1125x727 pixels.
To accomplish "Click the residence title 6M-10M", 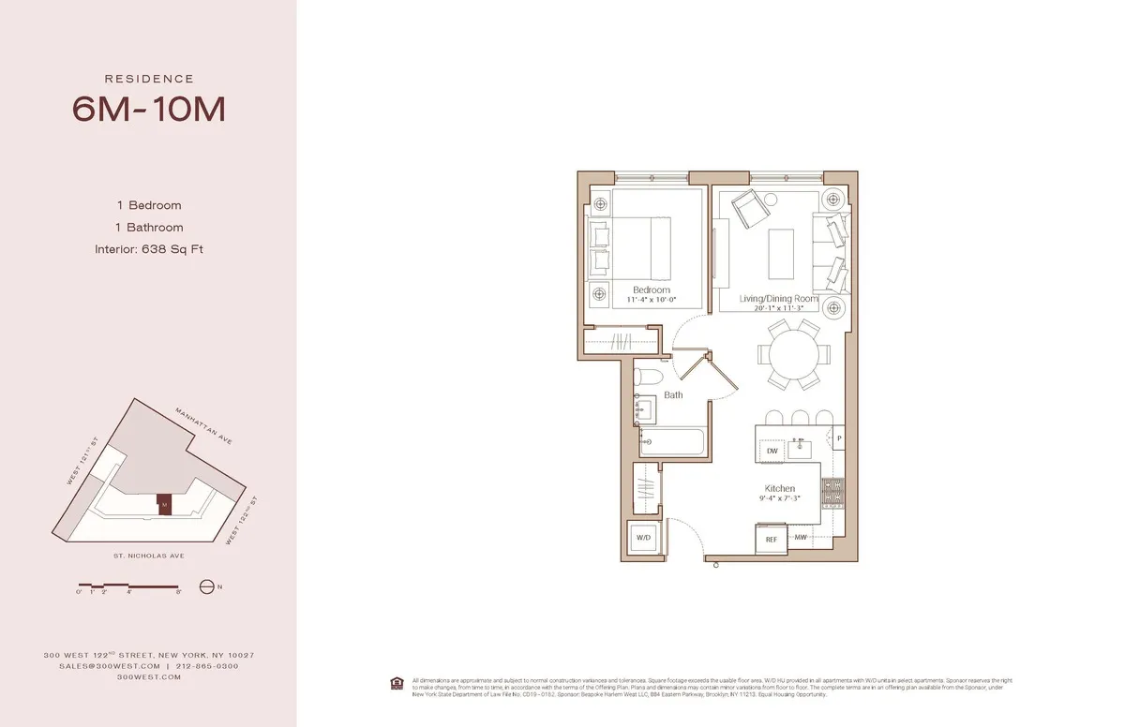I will coord(148,110).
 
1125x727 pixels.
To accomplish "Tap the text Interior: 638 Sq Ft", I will coord(148,249).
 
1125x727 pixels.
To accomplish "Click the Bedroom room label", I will coord(651,290).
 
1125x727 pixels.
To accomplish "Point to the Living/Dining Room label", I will coord(778,299).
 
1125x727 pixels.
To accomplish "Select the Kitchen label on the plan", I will coord(779,488).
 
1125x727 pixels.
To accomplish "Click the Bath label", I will coord(673,395).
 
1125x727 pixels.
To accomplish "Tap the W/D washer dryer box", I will coord(644,539).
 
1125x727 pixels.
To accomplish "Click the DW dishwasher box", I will coord(772,451).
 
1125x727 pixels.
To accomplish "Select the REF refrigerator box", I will coord(771,539).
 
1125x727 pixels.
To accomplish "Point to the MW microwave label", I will coord(801,538).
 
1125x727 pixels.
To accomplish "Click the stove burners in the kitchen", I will coord(832,490).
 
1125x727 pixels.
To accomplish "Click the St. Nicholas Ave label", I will coord(147,555).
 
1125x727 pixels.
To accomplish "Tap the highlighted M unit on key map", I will coord(164,504).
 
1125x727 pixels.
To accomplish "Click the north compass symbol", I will coord(207,587).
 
